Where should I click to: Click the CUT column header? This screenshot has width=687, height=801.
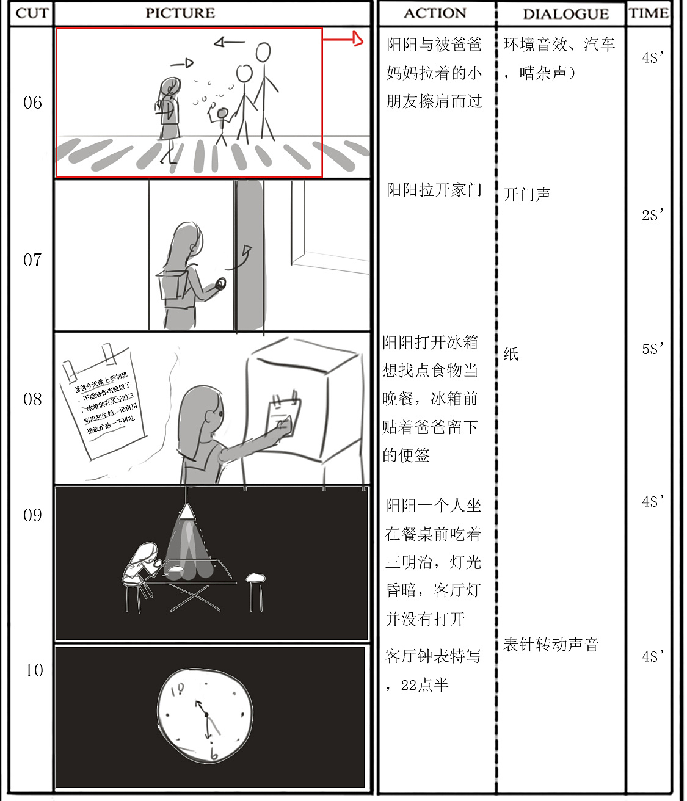[x=32, y=13]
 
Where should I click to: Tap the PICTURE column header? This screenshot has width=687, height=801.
[x=180, y=13]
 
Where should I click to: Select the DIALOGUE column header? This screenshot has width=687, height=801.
[x=565, y=13]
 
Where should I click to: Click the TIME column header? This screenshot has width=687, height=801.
[x=649, y=13]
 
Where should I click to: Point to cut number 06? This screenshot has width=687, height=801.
[x=32, y=103]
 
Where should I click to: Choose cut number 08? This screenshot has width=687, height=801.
[x=32, y=399]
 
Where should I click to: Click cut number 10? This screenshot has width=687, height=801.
[x=34, y=670]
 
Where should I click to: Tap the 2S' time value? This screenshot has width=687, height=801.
[x=652, y=215]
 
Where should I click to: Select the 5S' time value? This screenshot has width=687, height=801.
[x=652, y=349]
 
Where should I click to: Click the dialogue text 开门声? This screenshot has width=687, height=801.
[x=527, y=195]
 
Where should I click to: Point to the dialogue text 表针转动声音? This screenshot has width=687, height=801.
[x=551, y=645]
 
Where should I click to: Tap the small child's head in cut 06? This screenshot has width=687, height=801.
[x=222, y=114]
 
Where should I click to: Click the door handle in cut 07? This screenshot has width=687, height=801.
[x=220, y=283]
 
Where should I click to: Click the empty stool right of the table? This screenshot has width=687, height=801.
[x=255, y=579]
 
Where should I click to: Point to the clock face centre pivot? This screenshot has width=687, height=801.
[x=206, y=714]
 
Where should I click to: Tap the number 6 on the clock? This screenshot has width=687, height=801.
[x=214, y=755]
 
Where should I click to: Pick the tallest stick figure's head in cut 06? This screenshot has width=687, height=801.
[x=263, y=53]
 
